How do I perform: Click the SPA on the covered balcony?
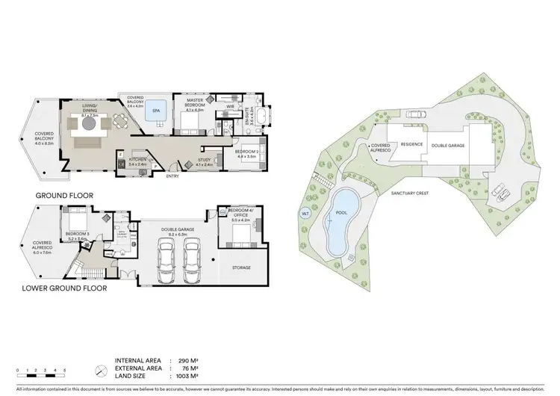(x=156, y=110)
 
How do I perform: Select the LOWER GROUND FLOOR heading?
(x=64, y=287)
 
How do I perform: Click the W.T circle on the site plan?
(x=305, y=214)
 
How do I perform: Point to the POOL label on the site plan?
(x=343, y=212)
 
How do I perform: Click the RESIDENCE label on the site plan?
(x=412, y=144)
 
